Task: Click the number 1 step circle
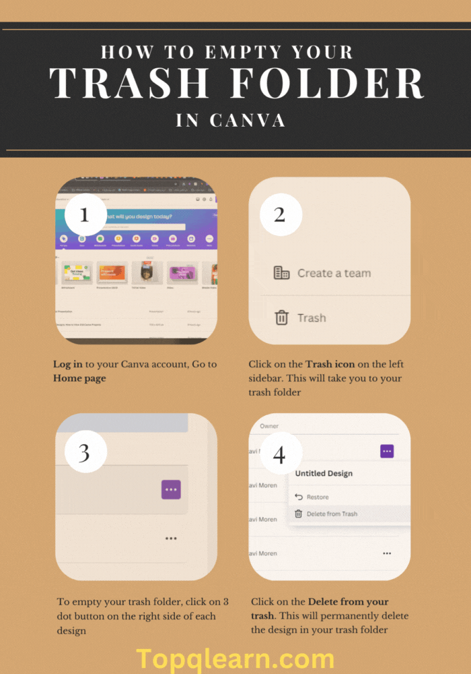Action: point(85,215)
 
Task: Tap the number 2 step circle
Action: point(280,215)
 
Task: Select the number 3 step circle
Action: point(85,452)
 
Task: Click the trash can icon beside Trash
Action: point(282,317)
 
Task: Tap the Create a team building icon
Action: point(282,273)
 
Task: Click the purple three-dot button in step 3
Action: point(171,490)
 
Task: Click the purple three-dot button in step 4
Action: point(387,452)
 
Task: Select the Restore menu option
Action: point(317,497)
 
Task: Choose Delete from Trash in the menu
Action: point(331,514)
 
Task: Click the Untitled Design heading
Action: point(324,473)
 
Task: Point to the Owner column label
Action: point(269,426)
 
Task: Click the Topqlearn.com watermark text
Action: point(235,658)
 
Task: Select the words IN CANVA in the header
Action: point(231,121)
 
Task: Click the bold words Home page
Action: point(79,378)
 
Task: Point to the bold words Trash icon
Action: point(330,365)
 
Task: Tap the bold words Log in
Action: point(68,365)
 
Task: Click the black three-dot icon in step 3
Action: point(171,539)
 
